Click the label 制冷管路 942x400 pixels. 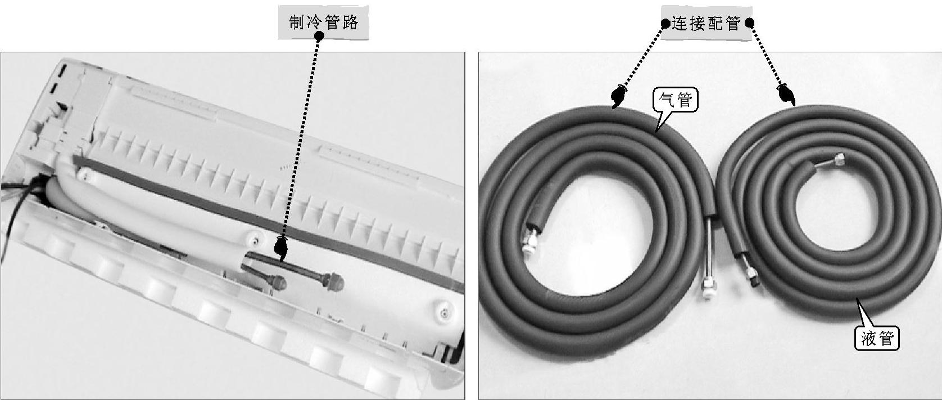click(x=323, y=23)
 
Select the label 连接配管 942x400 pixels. click(x=706, y=23)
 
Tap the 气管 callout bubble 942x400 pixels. click(x=674, y=100)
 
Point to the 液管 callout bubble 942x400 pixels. click(x=877, y=338)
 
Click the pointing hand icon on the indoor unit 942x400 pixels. click(x=281, y=249)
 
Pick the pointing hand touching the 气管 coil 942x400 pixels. click(x=618, y=96)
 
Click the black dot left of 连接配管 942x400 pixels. click(x=665, y=24)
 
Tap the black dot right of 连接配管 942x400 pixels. click(x=749, y=23)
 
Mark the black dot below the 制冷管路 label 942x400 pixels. click(x=319, y=36)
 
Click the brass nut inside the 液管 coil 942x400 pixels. click(x=840, y=159)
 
